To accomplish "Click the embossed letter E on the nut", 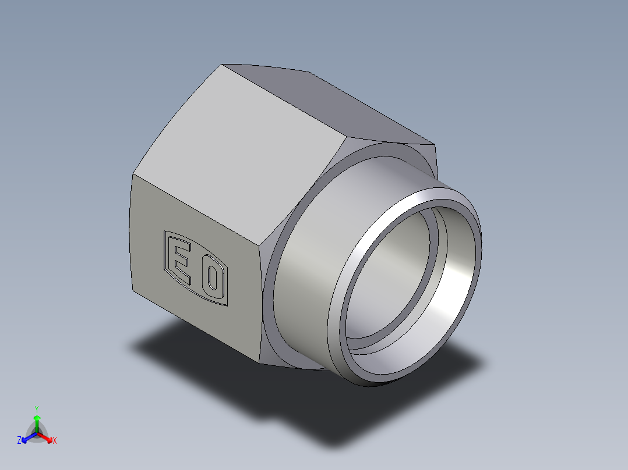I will pos(181,262).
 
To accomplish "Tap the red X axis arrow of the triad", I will pos(47,437).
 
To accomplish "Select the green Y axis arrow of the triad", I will pos(37,420).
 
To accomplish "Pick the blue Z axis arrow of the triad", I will pos(26,437).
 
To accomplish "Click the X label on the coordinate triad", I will pos(55,441).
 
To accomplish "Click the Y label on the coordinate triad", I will pos(37,408).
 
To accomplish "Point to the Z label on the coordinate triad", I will pos(19,441).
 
